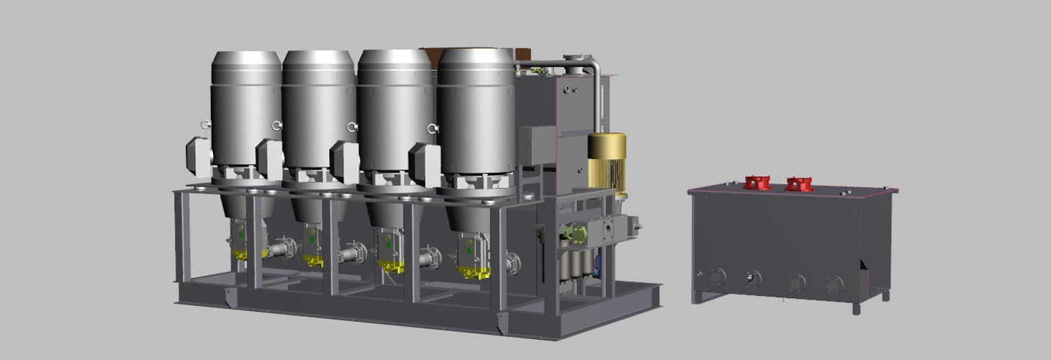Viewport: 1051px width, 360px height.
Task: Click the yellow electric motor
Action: tap(607, 164)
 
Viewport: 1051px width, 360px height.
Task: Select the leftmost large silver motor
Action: tap(245, 108)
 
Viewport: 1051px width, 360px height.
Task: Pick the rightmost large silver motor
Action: tap(476, 112)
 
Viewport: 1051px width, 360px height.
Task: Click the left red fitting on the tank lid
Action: tap(757, 183)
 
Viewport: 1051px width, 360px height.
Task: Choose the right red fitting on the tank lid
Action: tap(798, 184)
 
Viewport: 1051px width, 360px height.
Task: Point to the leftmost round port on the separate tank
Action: tap(718, 277)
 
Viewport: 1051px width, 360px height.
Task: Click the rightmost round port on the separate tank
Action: tap(834, 284)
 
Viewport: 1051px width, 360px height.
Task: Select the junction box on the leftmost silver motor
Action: tap(198, 155)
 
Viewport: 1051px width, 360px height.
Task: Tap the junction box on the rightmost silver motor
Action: tap(425, 164)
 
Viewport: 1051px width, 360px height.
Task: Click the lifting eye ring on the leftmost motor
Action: tap(206, 124)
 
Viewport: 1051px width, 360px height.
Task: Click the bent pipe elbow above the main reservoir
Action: tap(593, 71)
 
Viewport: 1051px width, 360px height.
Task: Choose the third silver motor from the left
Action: tap(394, 110)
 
